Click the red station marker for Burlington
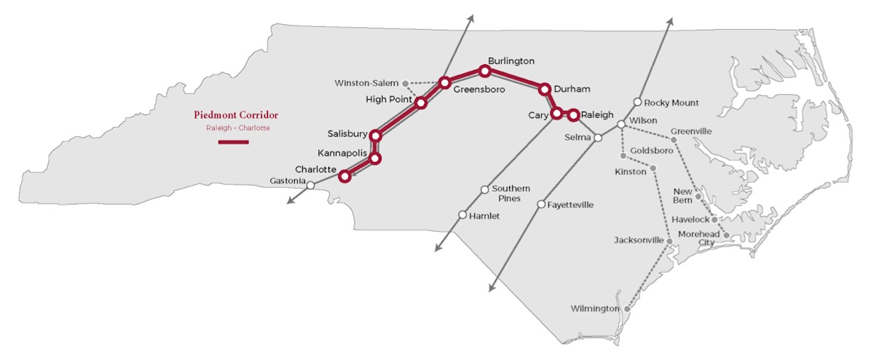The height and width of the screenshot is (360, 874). coord(484,71)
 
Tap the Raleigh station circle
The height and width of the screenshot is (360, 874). coord(574,114)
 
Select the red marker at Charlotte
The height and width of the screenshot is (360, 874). coord(345,176)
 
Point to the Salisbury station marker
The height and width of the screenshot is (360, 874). coord(376,135)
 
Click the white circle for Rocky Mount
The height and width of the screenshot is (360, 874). coord(637,102)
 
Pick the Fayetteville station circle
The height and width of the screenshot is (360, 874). coord(541,205)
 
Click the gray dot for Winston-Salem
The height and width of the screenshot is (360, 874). coord(406,83)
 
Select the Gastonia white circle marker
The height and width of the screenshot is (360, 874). coord(310,185)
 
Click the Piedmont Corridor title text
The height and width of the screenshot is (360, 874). coord(236,114)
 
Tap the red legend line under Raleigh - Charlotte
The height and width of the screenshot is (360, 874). coord(234,141)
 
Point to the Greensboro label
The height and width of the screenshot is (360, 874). coord(479,89)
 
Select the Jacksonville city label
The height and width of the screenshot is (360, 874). coord(639,240)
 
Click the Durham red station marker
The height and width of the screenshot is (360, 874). coord(543,89)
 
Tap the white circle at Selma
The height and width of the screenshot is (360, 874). coord(597,137)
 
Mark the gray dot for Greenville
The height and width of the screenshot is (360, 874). coord(674,140)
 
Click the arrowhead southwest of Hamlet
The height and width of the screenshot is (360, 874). coord(438,249)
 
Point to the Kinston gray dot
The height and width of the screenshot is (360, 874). coord(653,168)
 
